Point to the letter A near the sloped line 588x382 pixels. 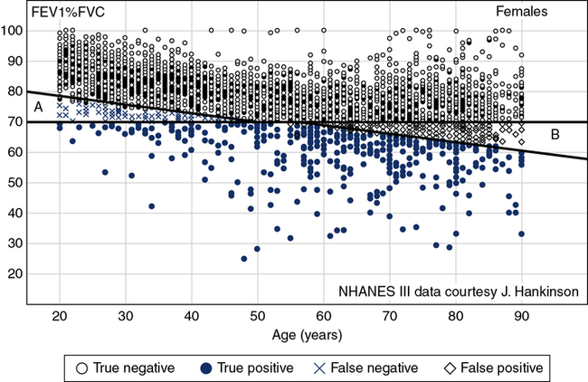tap(38, 108)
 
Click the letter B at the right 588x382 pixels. tap(556, 135)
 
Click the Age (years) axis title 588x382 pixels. tap(308, 334)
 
